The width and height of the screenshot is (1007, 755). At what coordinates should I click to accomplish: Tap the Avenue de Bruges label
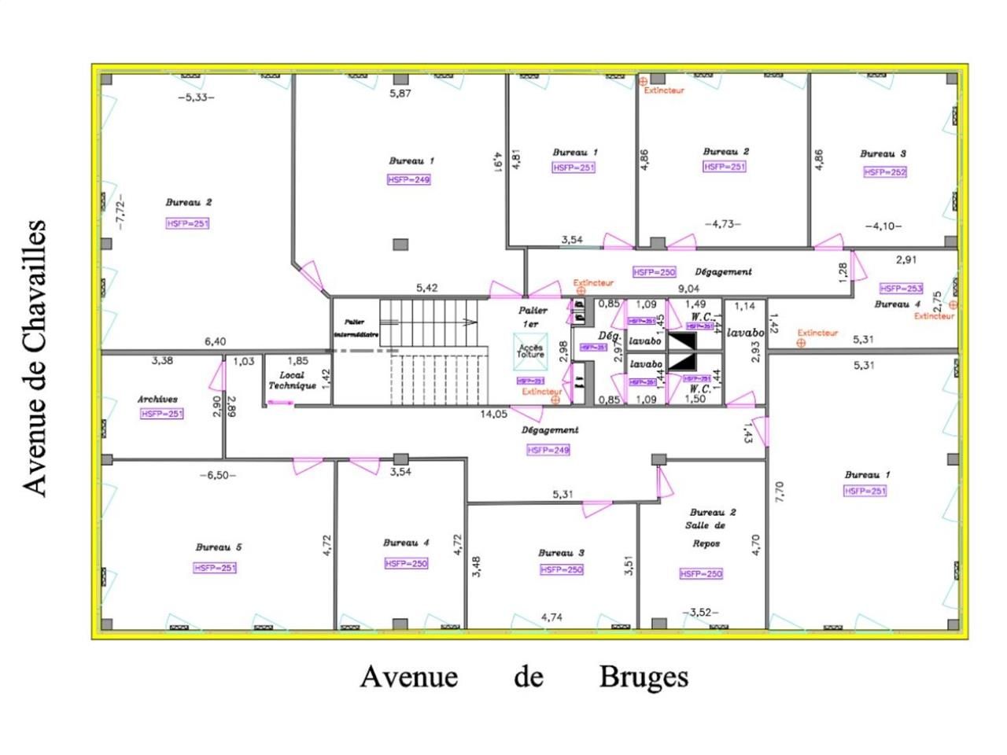point(524,677)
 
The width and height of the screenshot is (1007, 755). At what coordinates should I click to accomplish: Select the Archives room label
point(157,400)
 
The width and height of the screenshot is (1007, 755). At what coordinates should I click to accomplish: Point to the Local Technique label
point(292,381)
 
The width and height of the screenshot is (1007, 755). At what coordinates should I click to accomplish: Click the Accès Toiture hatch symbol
point(529,350)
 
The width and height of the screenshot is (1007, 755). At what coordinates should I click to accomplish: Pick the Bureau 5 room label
point(219,547)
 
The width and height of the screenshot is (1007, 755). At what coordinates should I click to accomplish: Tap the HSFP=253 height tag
point(902,289)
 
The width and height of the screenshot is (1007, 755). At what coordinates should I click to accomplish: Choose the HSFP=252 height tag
point(885,172)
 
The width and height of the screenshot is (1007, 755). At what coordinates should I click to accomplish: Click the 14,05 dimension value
point(494,413)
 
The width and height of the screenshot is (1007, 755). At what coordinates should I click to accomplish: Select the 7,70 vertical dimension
point(779,492)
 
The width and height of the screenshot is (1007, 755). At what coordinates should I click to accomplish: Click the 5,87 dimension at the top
point(400,94)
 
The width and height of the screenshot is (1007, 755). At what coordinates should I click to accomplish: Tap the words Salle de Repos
point(709,534)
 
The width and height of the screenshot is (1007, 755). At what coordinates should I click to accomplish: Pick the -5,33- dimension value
point(196,98)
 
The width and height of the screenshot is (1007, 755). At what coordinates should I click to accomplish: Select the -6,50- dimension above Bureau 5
point(217,476)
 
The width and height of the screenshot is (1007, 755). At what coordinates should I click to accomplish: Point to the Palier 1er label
point(533,317)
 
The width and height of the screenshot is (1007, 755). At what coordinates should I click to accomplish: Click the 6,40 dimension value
point(215,342)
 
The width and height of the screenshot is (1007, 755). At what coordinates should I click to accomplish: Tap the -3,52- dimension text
point(700,612)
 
